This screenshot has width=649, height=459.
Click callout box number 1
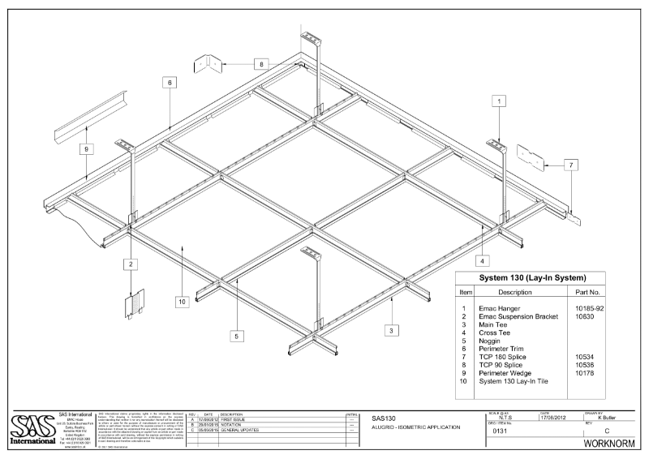point(500,101)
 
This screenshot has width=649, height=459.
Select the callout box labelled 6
point(169,83)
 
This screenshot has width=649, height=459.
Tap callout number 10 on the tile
point(183,301)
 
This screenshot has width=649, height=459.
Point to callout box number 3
point(393,330)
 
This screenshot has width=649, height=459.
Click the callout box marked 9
point(86,150)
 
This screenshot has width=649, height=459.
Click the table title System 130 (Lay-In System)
point(532,277)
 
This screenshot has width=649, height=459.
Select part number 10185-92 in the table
point(588,309)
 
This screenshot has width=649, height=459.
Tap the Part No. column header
point(587,291)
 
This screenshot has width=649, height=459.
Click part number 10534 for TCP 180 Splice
point(584,356)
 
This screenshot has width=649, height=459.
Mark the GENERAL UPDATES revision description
point(243,431)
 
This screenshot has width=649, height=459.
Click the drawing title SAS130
point(385,418)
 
